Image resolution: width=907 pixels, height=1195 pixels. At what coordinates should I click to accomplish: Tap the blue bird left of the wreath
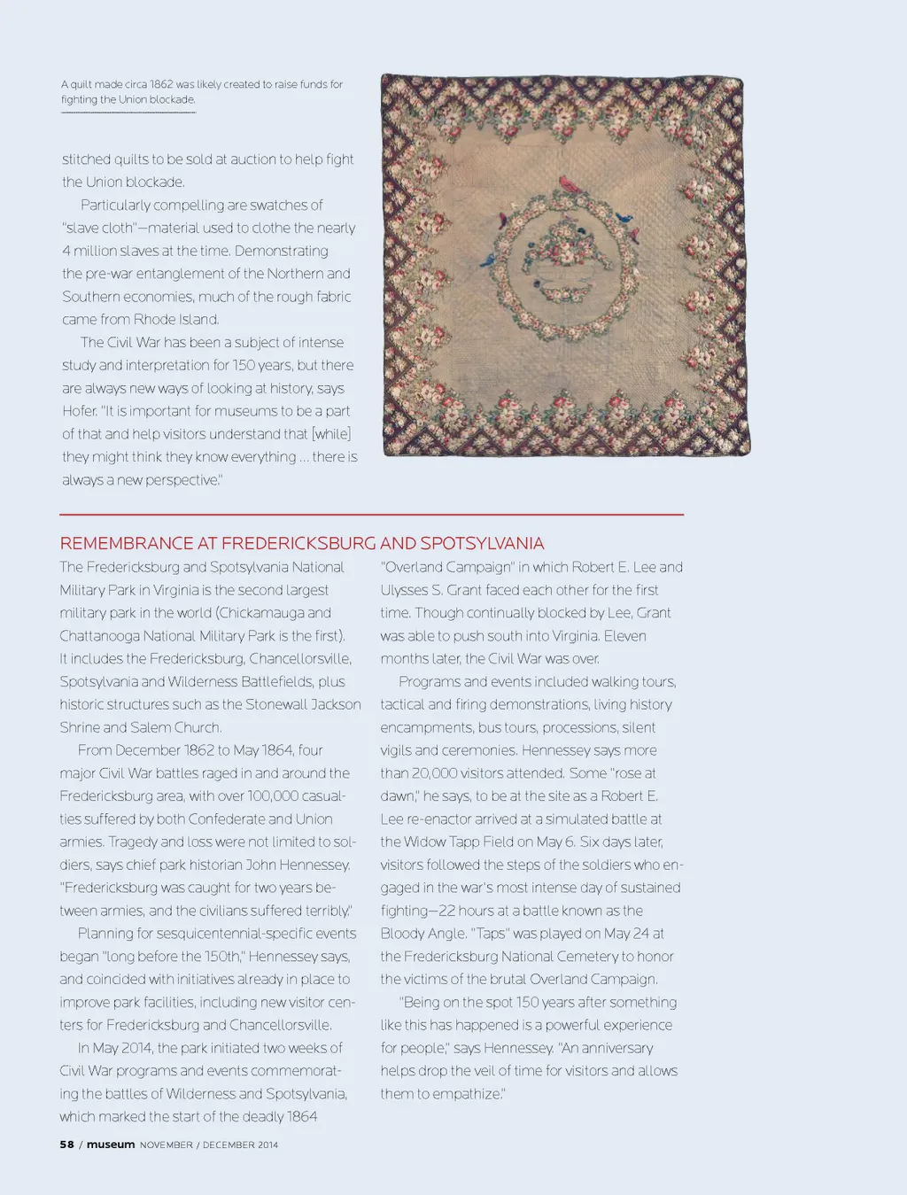click(488, 260)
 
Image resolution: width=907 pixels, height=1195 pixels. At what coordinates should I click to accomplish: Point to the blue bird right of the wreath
click(624, 217)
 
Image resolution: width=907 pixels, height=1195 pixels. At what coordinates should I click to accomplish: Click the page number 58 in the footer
click(67, 1145)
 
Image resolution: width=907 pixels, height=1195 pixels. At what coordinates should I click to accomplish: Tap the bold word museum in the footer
click(111, 1145)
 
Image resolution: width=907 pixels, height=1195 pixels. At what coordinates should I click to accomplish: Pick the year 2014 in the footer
click(267, 1145)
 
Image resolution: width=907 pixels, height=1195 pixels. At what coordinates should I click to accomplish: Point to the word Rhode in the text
click(158, 319)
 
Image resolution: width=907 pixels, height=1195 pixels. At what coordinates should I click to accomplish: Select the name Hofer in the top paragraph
click(79, 411)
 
